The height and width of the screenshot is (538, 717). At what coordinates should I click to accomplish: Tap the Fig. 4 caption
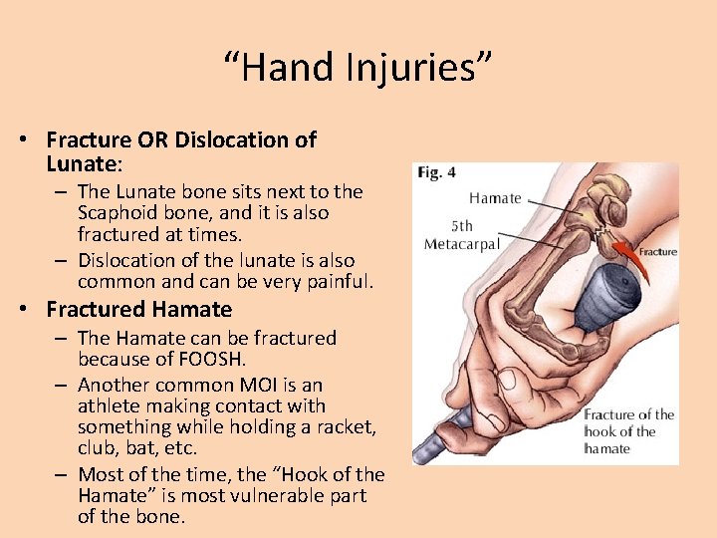(437, 172)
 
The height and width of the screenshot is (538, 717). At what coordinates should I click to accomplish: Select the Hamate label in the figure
(495, 198)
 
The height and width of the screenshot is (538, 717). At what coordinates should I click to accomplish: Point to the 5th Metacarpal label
(460, 234)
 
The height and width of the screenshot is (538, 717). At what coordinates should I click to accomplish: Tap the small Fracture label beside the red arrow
(657, 252)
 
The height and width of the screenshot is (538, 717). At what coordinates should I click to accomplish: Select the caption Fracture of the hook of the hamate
(628, 431)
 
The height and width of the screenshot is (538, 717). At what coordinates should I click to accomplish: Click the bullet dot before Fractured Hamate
(22, 310)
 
